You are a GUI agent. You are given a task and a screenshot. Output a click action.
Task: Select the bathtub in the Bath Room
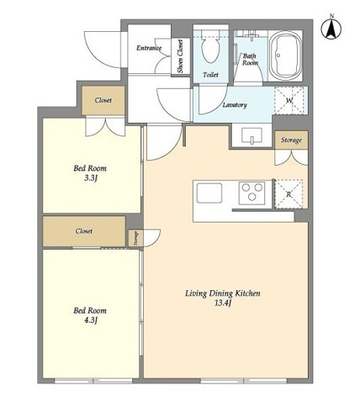tap(285, 55)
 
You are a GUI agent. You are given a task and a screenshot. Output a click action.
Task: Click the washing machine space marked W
tap(289, 100)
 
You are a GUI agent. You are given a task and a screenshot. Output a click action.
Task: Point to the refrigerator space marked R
tap(289, 194)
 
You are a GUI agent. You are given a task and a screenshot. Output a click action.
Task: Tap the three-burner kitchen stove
tap(251, 193)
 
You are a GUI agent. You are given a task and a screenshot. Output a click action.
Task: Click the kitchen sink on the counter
tap(209, 193)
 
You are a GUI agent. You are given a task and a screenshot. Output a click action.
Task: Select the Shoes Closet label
tap(180, 56)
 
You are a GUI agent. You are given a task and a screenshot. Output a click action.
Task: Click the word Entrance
tap(149, 48)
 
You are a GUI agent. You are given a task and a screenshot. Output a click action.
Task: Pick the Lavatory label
tap(235, 105)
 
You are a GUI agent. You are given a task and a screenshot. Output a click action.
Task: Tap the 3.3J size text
tap(91, 178)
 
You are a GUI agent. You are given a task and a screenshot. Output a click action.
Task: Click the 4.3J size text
tap(91, 320)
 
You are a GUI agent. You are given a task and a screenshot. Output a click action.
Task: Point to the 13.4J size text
tap(223, 303)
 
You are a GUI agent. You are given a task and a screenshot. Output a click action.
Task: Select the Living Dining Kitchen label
tap(223, 293)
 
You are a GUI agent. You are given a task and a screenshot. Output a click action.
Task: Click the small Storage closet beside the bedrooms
tap(135, 239)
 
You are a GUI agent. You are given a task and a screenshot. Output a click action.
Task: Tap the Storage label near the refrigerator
tap(291, 140)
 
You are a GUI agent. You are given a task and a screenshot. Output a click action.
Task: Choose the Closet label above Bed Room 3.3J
tap(103, 100)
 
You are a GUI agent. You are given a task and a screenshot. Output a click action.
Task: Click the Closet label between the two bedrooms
tap(84, 231)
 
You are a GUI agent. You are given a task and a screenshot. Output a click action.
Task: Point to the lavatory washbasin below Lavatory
tap(251, 135)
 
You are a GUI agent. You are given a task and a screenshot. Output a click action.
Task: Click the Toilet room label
tap(210, 75)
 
